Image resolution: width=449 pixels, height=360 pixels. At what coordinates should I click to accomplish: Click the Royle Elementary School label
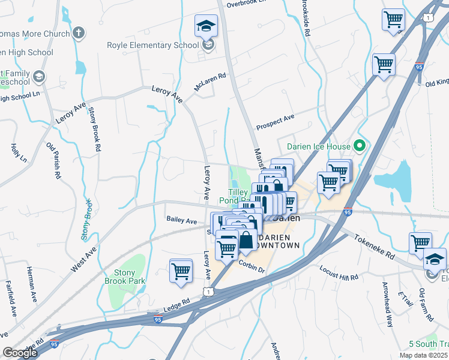pos(152,45)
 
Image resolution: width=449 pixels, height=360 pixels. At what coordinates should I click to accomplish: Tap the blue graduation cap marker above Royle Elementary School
pos(206,26)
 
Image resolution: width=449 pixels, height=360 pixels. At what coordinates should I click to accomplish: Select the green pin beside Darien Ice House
pos(360,145)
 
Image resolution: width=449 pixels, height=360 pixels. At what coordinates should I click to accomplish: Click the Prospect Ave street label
pos(275,122)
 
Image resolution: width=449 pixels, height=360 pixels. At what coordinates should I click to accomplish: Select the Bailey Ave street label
pos(181,221)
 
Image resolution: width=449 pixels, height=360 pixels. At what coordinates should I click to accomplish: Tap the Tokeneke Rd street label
pos(373,246)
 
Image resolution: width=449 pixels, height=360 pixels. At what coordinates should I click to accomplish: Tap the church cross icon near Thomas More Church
pos(79,34)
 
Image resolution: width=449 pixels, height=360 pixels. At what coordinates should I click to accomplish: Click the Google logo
pos(20,353)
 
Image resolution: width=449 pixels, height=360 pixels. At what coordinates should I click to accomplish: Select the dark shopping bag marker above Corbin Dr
pos(246,241)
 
